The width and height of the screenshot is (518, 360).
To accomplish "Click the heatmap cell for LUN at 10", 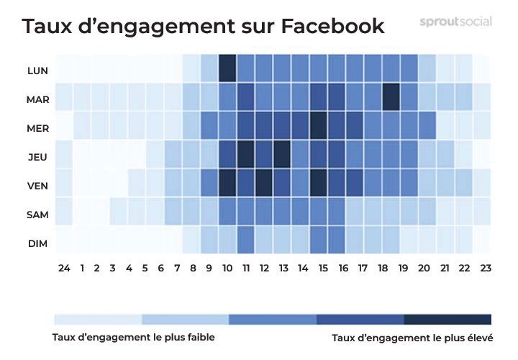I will [x=227, y=69].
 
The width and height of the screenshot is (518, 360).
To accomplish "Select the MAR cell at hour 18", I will [x=391, y=97].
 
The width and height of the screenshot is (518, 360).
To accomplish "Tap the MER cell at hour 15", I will [x=319, y=125].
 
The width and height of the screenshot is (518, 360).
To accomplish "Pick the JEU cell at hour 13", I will [x=282, y=153].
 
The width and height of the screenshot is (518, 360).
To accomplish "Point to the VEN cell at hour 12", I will [x=264, y=182].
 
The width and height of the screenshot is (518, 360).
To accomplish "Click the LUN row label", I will [x=37, y=71].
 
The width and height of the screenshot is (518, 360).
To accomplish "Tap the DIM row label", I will [x=37, y=243].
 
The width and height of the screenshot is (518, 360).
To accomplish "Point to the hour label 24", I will [x=64, y=269].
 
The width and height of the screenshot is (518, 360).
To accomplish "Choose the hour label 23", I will [x=485, y=269].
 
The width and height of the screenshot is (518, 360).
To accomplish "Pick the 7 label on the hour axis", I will [x=178, y=269].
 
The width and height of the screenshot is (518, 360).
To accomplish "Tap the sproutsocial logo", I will [x=455, y=22].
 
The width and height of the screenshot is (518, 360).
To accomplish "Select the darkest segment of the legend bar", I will [x=447, y=319].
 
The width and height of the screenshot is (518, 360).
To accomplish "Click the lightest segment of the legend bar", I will [x=98, y=319].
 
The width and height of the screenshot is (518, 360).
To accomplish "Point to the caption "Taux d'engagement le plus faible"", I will [x=134, y=337].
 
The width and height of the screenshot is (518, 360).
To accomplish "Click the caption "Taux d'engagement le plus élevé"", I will [x=412, y=337].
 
